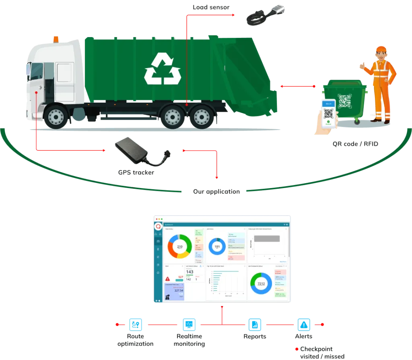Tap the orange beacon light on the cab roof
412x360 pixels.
pos(56,39)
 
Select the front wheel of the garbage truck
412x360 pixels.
pos(56,116)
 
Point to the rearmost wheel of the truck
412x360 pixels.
pos(202,116)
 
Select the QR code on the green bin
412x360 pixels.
pos(345,101)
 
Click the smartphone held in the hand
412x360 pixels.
pos(329,112)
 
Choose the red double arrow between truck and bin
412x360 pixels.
pos(298,86)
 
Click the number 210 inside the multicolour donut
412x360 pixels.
pos(180,246)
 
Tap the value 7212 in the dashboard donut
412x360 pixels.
pos(261,283)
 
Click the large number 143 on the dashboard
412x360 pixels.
pos(190,272)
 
